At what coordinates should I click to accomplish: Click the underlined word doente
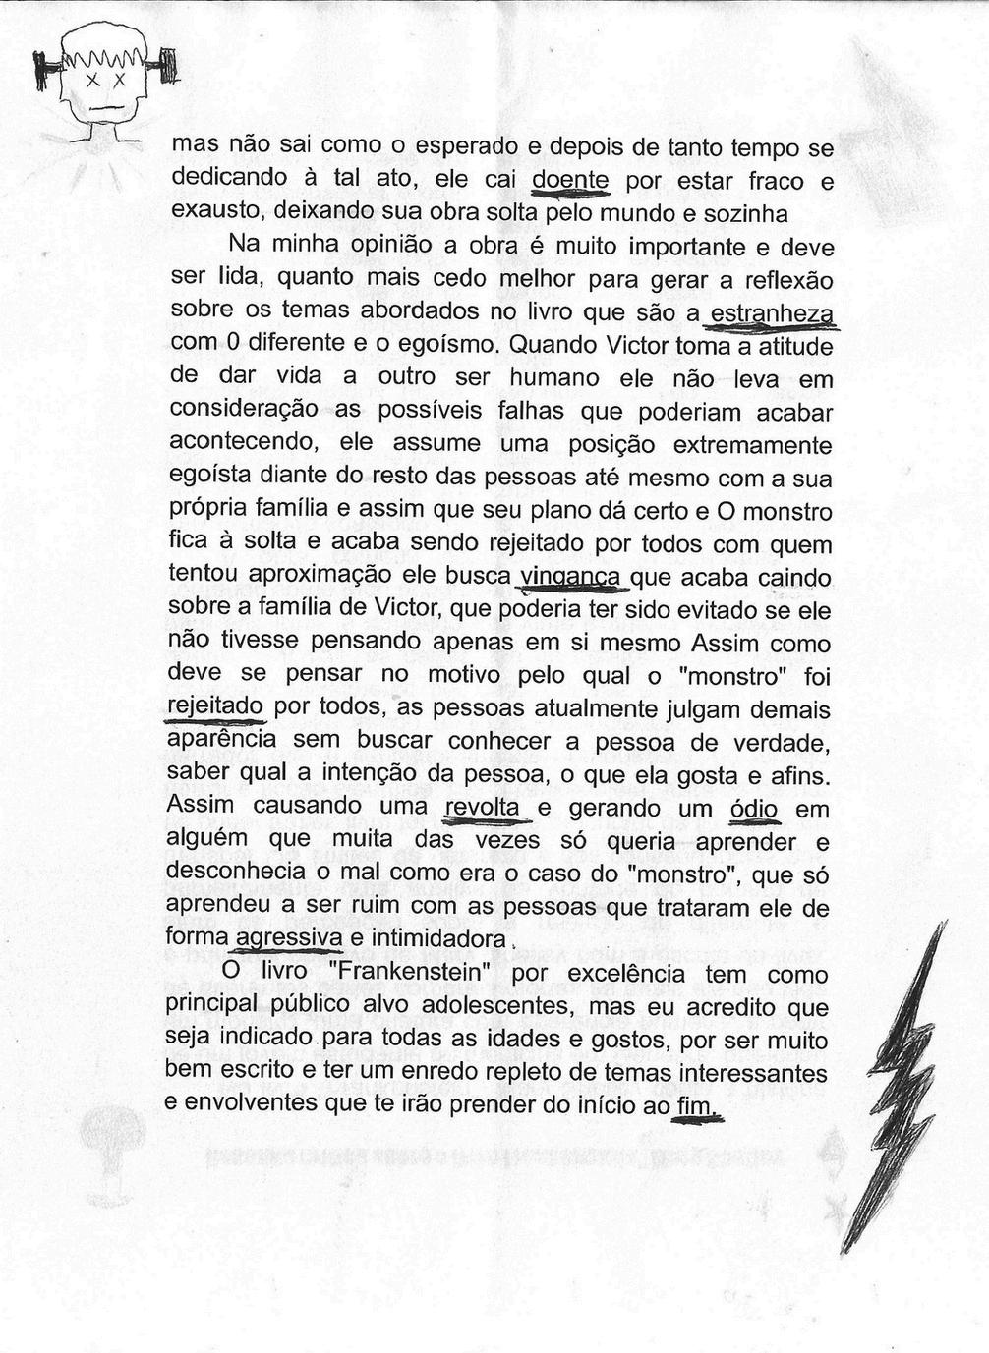570,180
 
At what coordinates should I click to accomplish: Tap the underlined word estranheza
772,313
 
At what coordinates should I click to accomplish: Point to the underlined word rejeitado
215,706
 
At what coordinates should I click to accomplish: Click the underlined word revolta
483,807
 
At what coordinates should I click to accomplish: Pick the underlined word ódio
755,810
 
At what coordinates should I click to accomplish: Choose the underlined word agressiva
289,938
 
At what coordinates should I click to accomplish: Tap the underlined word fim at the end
697,1106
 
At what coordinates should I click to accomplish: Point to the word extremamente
752,445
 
